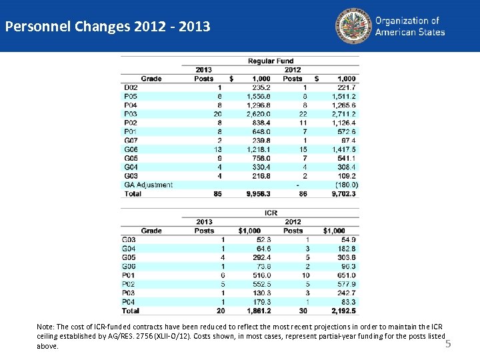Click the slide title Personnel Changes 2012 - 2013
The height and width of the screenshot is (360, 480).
click(107, 27)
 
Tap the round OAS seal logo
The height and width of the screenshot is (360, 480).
click(353, 25)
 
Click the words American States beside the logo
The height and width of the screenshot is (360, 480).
click(410, 32)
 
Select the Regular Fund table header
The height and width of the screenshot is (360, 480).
click(271, 61)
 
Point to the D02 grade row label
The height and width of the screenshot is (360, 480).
click(131, 87)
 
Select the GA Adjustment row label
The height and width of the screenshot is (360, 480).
click(148, 185)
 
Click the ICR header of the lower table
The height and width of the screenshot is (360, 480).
click(271, 213)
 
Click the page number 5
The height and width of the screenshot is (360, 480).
click(448, 344)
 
